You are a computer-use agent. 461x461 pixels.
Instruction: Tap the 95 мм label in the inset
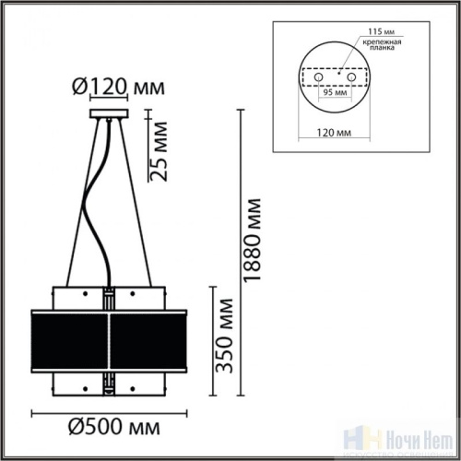[x=338, y=93]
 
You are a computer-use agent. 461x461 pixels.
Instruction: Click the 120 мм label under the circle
[x=338, y=133]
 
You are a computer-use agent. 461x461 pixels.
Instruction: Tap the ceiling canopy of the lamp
[x=111, y=115]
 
